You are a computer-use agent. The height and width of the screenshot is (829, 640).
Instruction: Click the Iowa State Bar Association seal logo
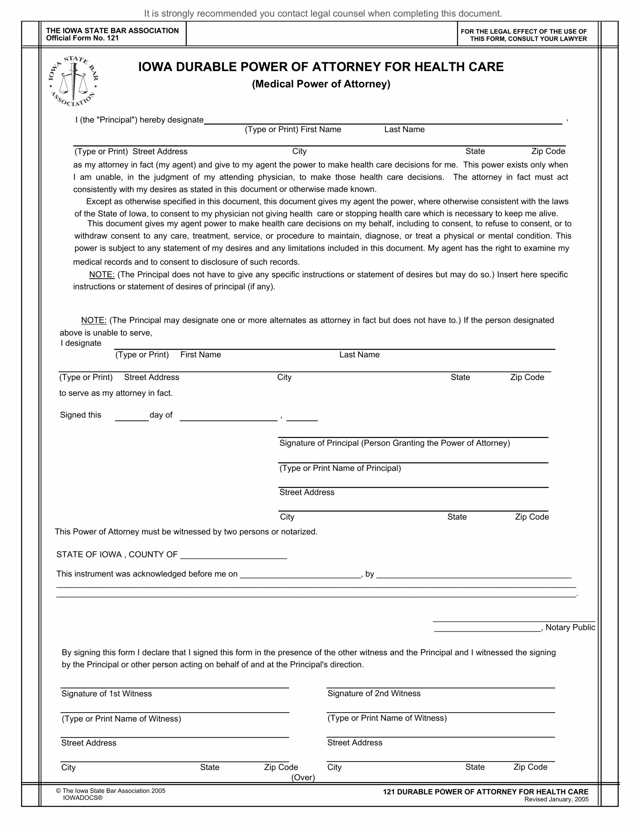click(x=73, y=81)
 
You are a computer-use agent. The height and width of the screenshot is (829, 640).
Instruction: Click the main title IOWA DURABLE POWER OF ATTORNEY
click(x=321, y=67)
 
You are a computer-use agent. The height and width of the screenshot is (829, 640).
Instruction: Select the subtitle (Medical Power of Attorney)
click(x=321, y=84)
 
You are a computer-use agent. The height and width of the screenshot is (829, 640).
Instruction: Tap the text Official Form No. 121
click(x=82, y=38)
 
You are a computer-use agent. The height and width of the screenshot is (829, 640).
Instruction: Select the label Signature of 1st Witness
click(x=106, y=694)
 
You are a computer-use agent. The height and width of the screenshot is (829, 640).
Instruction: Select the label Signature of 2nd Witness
click(x=374, y=694)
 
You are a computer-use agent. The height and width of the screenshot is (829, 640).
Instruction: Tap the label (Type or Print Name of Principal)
click(x=340, y=468)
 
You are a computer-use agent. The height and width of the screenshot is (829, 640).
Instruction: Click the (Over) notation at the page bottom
click(x=303, y=778)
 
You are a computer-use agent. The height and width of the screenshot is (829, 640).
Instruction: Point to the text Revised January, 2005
click(x=556, y=800)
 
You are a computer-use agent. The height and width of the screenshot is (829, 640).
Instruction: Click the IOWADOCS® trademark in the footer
click(x=83, y=798)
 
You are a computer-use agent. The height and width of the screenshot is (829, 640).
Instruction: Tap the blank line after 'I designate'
click(x=334, y=346)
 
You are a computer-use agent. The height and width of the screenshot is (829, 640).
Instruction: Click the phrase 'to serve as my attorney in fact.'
click(x=116, y=393)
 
